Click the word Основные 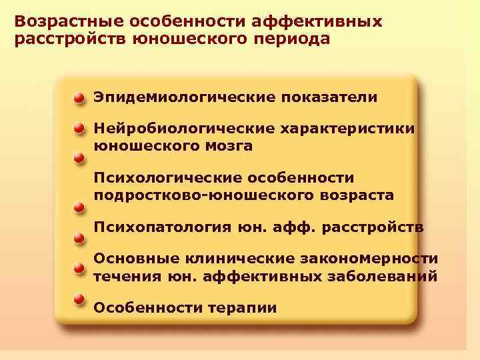point(132,258)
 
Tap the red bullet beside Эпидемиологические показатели point(79,98)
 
